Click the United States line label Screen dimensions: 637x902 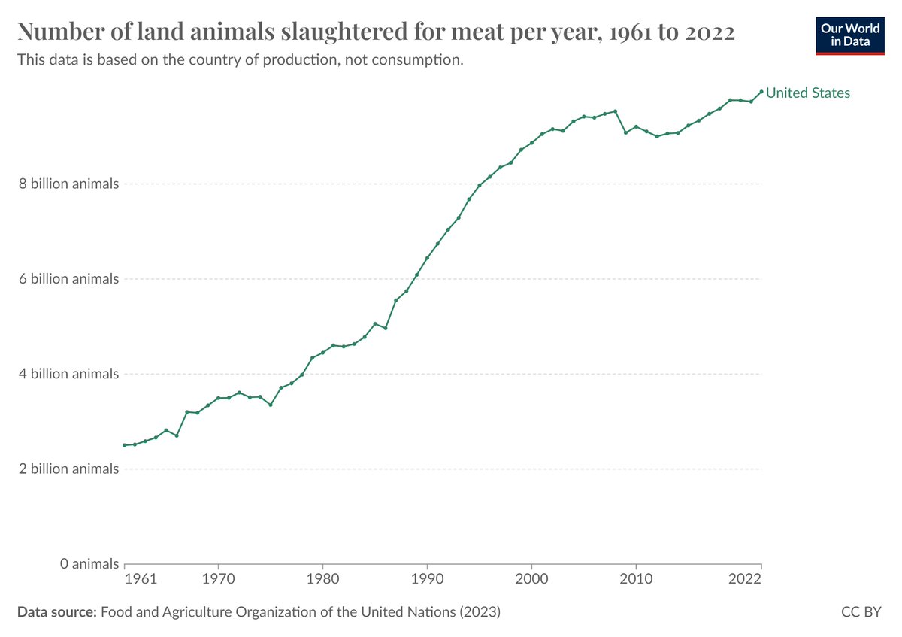tap(808, 93)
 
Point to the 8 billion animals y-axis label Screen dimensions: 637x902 tap(69, 184)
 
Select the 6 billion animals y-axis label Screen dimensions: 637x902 tap(69, 279)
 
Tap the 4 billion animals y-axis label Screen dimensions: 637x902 tap(69, 374)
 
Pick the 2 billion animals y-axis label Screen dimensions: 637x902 tap(69, 469)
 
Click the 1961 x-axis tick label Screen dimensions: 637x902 tap(141, 581)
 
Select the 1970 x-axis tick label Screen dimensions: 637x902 tap(218, 581)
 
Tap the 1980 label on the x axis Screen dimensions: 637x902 tap(322, 581)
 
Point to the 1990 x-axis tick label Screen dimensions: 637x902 tap(427, 581)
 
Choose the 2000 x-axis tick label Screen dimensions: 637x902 tap(531, 581)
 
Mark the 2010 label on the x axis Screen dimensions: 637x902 tap(636, 581)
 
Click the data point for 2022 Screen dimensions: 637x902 tap(761, 92)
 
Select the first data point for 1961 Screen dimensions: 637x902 tap(125, 445)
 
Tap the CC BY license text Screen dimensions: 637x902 tap(861, 613)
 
